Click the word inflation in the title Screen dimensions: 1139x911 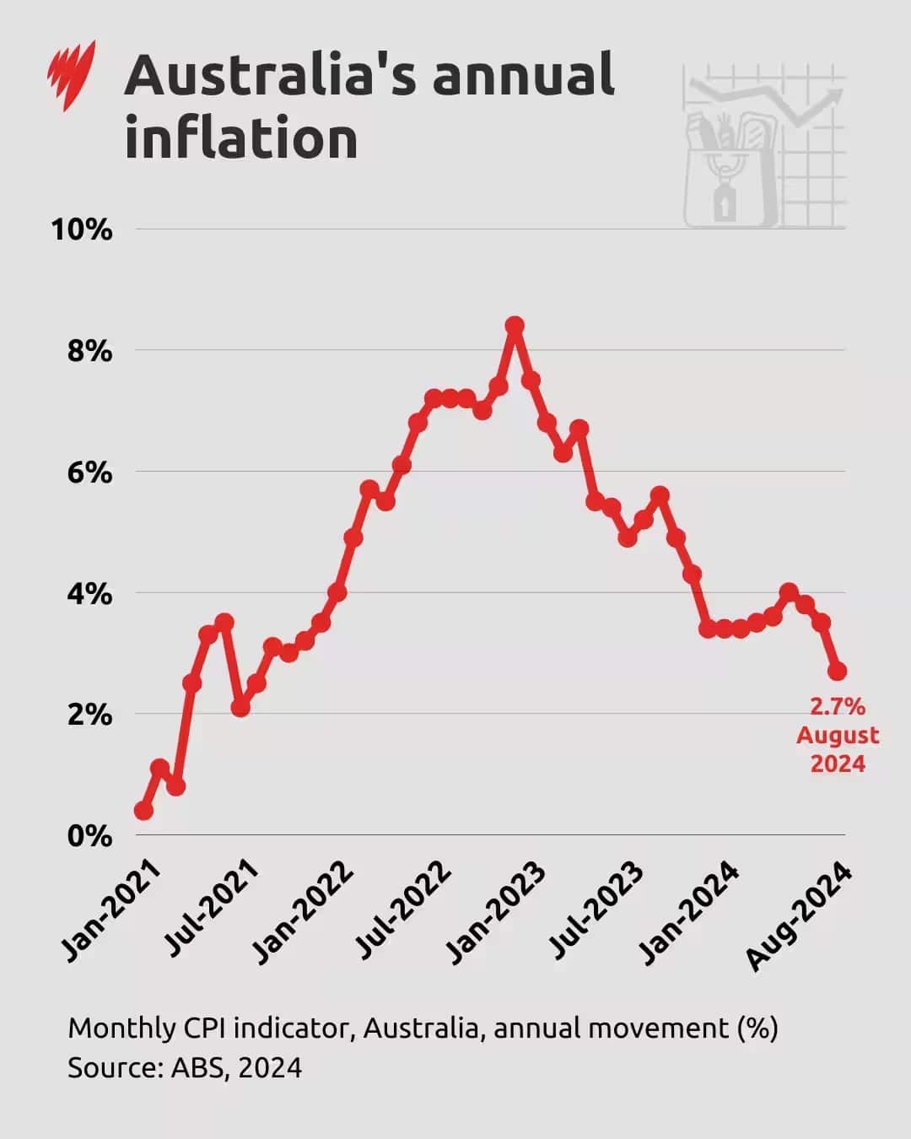(x=241, y=138)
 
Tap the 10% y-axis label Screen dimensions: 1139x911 (x=82, y=229)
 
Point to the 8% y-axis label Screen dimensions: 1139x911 (x=89, y=351)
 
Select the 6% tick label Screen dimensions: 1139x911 (x=89, y=472)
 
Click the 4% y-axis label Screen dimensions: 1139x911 (x=89, y=594)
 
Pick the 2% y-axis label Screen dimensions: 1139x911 (x=89, y=715)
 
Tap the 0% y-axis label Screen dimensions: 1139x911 (x=89, y=836)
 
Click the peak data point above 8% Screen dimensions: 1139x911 (x=515, y=326)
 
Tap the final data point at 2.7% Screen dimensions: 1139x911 (x=837, y=672)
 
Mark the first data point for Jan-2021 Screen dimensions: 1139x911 (x=143, y=811)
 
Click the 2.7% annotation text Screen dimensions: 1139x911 (x=838, y=706)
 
